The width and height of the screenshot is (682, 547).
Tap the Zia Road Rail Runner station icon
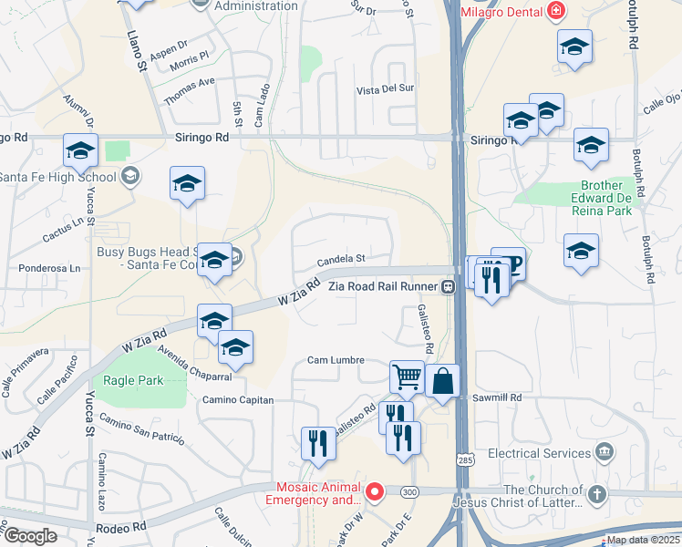[x=449, y=287]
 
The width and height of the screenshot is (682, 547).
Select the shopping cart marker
[x=407, y=376]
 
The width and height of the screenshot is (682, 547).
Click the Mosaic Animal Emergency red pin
[x=374, y=492]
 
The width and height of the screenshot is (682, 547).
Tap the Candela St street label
[x=341, y=260]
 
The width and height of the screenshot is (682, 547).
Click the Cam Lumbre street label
[x=330, y=360]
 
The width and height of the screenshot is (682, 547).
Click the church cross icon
[x=596, y=494]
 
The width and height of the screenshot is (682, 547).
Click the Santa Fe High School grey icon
[x=130, y=176]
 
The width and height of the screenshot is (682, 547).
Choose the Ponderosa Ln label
[x=50, y=268]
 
